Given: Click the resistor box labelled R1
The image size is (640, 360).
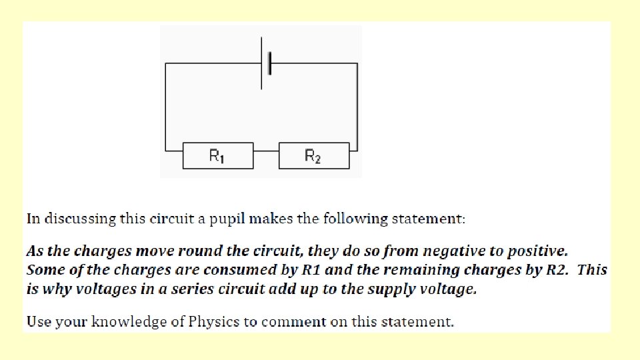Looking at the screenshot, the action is (218, 156).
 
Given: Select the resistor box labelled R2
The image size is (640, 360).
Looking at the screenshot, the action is (313, 156).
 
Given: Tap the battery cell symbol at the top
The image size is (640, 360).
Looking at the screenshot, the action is (266, 64).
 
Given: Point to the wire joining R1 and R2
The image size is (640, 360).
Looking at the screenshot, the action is (266, 151).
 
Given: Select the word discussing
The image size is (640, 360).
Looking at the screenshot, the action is (78, 219).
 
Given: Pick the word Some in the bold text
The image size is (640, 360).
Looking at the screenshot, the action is (43, 270).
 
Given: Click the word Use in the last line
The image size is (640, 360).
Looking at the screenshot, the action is (38, 322).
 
